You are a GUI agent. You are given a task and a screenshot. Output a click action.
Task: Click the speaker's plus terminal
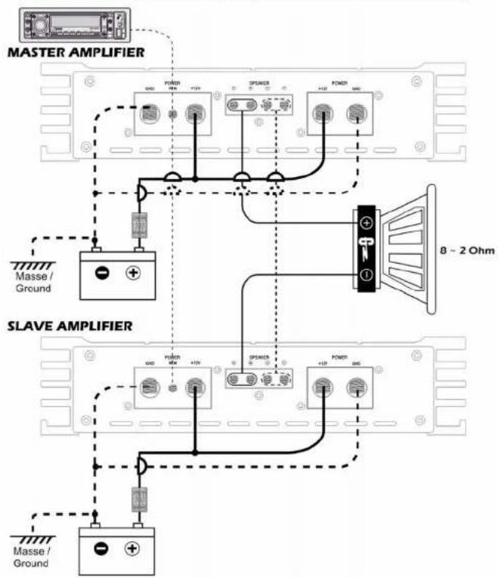(x=366, y=223)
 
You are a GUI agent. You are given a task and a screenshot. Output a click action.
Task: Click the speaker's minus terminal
(x=366, y=274)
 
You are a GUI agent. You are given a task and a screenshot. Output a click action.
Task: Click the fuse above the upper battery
(x=139, y=225)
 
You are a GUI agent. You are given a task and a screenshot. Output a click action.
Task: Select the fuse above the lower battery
(x=139, y=500)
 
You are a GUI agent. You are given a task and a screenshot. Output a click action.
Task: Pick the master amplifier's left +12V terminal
(x=196, y=113)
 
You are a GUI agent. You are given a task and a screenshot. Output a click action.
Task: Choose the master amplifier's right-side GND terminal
(x=353, y=113)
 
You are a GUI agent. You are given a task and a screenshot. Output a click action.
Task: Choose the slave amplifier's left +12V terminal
(x=196, y=388)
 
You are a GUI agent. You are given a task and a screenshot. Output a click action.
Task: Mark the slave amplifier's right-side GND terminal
(x=353, y=388)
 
